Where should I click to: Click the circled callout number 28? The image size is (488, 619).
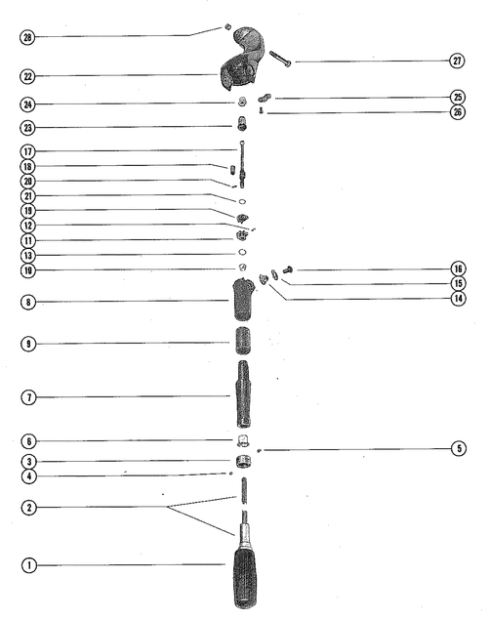click(x=27, y=37)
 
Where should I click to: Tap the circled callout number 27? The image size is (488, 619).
click(x=457, y=61)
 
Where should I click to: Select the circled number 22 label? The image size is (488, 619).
click(x=27, y=76)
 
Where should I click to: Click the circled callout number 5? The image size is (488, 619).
click(x=459, y=448)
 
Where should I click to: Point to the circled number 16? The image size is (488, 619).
click(x=458, y=268)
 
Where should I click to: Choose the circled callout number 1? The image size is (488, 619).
click(x=29, y=565)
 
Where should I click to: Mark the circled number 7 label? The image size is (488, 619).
click(x=28, y=397)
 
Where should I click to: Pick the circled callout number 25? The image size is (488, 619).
click(x=458, y=97)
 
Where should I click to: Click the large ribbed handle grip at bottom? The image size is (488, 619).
click(x=245, y=578)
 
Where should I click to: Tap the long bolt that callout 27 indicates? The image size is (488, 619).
click(x=280, y=59)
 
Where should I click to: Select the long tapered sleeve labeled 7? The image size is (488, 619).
click(x=243, y=394)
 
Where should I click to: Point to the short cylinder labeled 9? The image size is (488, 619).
click(x=243, y=341)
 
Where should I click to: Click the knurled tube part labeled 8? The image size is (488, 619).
click(x=243, y=299)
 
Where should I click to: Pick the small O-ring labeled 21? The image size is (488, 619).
click(x=243, y=202)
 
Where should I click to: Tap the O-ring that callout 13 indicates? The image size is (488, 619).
click(x=243, y=252)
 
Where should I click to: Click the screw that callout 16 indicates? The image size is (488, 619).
click(x=288, y=270)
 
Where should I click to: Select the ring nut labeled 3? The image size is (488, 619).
click(x=243, y=462)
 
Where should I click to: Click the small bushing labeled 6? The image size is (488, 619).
click(x=243, y=440)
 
